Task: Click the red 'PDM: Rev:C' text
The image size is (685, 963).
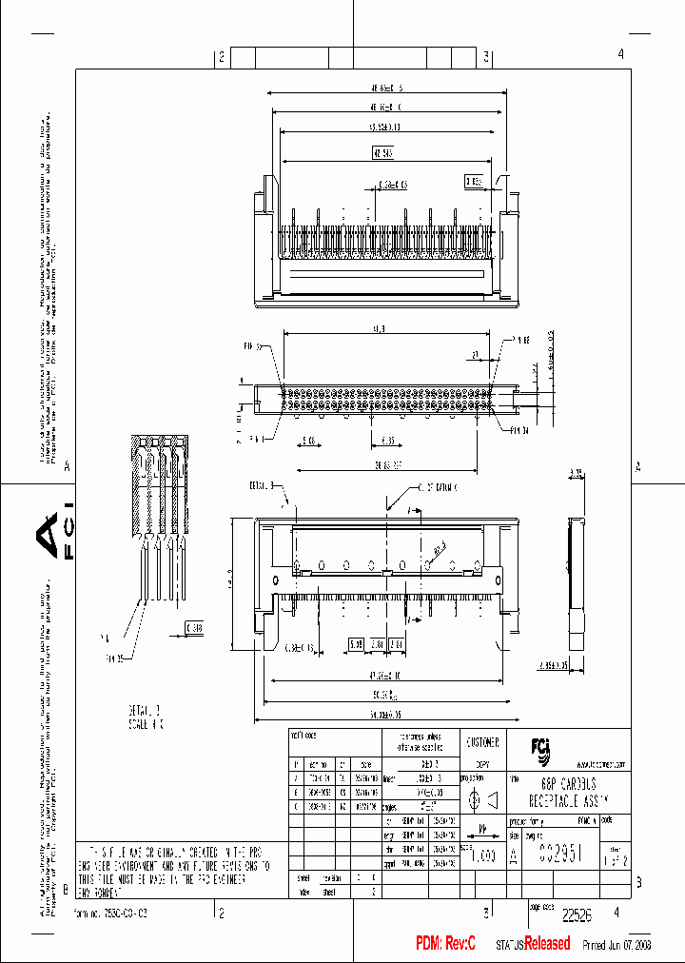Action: tap(445, 943)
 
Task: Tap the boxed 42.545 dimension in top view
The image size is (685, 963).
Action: tap(383, 152)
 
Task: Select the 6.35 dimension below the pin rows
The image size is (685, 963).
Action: tap(389, 442)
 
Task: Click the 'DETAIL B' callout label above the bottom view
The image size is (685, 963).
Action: tap(262, 485)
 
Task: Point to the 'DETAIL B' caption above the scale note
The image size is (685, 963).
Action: tap(146, 709)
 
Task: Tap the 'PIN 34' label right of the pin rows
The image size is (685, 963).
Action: tap(519, 429)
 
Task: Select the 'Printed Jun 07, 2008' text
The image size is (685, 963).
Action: tap(616, 945)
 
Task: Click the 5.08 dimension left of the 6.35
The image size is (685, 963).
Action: tap(309, 442)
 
